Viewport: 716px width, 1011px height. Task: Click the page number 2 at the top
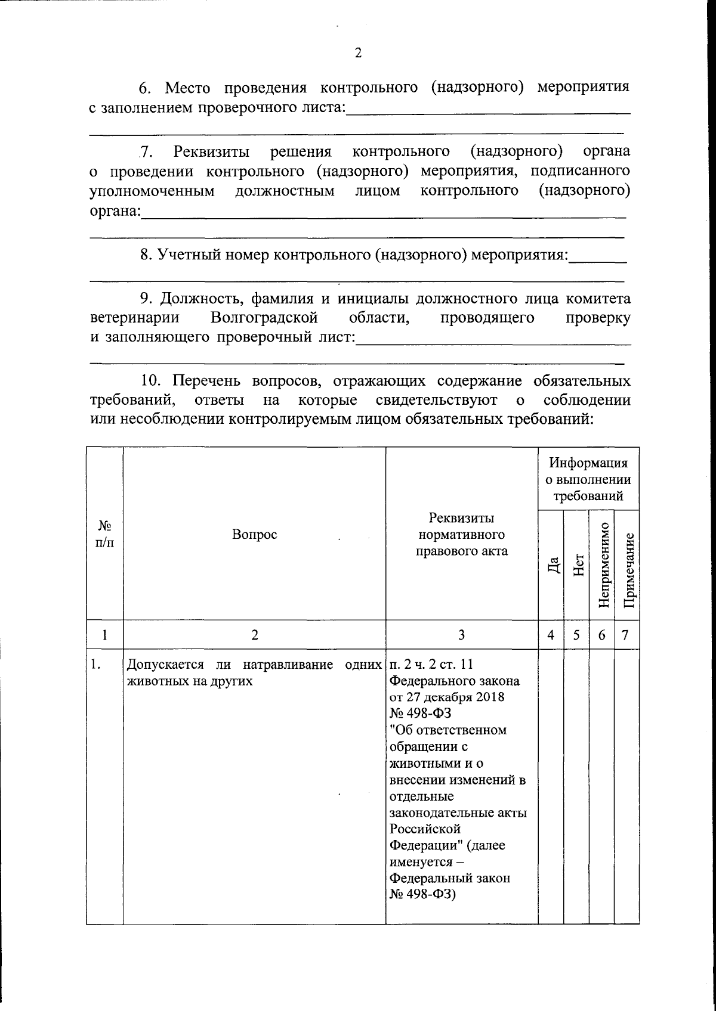pos(358,54)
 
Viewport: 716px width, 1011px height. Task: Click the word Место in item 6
pos(187,88)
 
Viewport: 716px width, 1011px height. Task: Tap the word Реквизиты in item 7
pos(211,152)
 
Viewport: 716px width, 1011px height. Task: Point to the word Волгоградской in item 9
pos(264,318)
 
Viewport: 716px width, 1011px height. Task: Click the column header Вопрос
pos(254,535)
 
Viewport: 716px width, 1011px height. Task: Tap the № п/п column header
pos(105,535)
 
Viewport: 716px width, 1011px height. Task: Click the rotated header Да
pos(553,565)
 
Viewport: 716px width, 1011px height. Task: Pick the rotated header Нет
pos(577,565)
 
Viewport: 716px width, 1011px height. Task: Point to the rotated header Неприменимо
pos(602,565)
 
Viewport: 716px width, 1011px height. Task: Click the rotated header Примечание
pos(627,565)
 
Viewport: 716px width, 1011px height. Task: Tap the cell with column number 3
pos(461,635)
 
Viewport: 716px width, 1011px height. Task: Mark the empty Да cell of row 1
pos(551,775)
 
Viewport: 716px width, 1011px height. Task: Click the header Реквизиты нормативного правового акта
pos(461,535)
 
